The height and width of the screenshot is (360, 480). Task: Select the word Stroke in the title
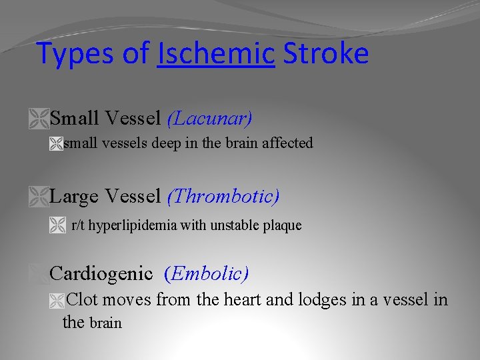tap(325, 54)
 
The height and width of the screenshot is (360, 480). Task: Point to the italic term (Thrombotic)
tap(223, 197)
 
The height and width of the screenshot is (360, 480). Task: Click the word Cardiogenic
tap(101, 273)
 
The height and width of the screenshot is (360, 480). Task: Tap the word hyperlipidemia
tap(133, 225)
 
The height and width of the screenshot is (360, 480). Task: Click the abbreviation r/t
tap(78, 225)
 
